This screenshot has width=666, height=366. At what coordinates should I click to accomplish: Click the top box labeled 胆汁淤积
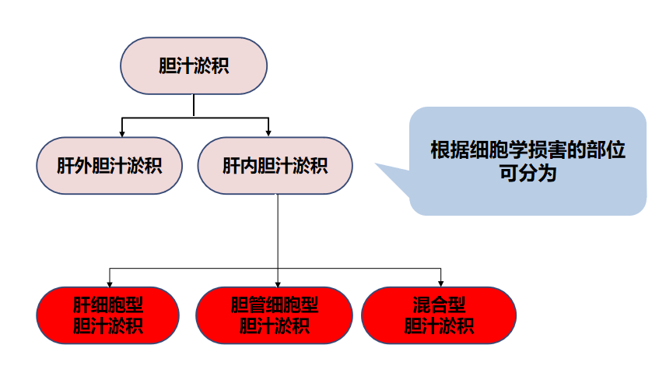pyautogui.click(x=194, y=65)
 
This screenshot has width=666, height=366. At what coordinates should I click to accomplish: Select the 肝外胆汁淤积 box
pyautogui.click(x=110, y=166)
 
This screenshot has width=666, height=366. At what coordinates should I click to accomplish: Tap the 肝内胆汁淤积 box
pyautogui.click(x=275, y=166)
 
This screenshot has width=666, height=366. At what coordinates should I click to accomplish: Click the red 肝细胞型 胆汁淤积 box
pyautogui.click(x=108, y=315)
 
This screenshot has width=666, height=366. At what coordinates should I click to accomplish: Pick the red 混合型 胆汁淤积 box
pyautogui.click(x=439, y=315)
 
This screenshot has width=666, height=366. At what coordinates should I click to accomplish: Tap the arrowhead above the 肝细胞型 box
pyautogui.click(x=109, y=282)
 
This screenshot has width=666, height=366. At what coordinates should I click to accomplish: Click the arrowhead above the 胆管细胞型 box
pyautogui.click(x=278, y=282)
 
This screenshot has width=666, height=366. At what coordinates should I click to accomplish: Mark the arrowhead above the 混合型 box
pyautogui.click(x=441, y=282)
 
